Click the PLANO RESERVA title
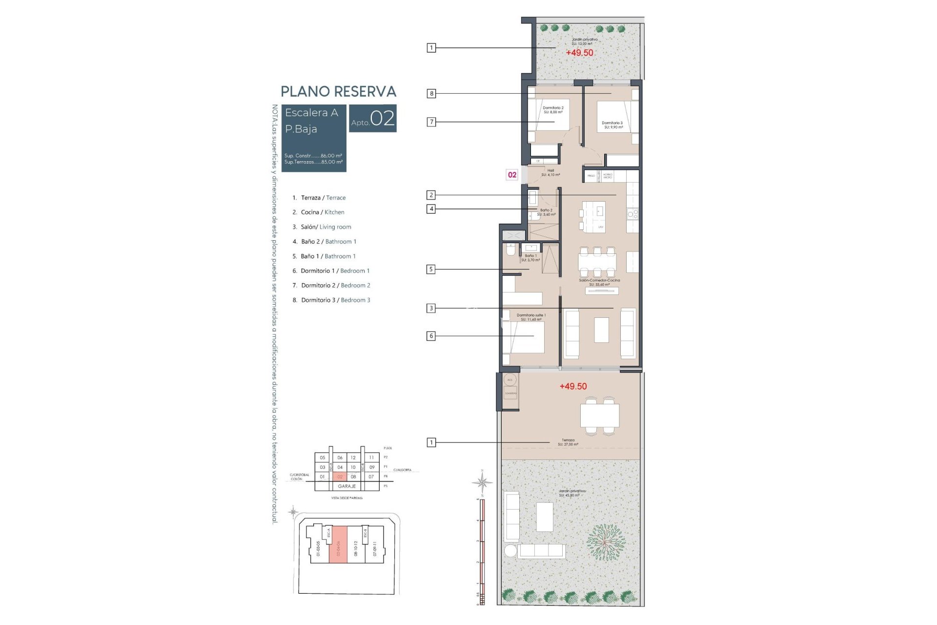pos(338,91)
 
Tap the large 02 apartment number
pos(382,119)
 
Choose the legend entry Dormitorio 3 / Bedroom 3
pos(331,300)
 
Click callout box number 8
pos(431,93)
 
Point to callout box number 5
pos(431,269)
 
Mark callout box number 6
pos(431,336)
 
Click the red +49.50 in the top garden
pos(579,53)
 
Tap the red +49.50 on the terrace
pos(573,386)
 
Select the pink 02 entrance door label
pos(512,175)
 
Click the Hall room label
pos(550,172)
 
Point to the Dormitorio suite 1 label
pos(531,317)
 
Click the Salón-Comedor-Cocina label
pos(599,282)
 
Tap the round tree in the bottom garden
pos(605,542)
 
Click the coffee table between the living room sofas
pos(601,330)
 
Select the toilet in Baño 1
pos(510,250)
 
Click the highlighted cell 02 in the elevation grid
pos(340,477)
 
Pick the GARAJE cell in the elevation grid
pos(347,486)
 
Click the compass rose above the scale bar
pos(482,483)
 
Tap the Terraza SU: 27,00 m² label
pos(568,442)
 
